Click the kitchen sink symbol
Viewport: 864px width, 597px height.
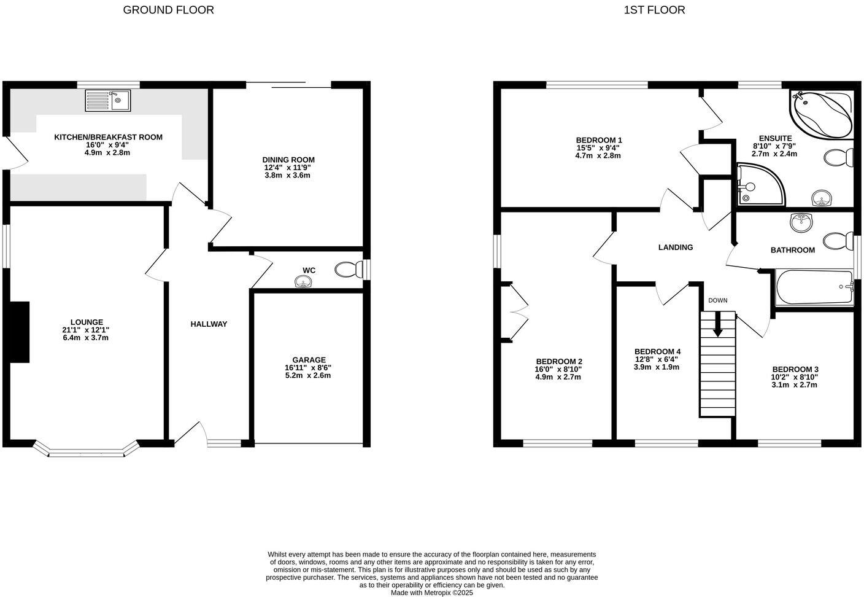click(108, 101)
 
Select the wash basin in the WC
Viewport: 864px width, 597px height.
click(303, 282)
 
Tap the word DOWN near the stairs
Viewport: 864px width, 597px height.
click(717, 300)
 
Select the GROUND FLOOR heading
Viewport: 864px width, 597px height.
click(169, 10)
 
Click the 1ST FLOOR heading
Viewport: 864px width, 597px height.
click(654, 10)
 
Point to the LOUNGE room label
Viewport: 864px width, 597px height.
click(87, 322)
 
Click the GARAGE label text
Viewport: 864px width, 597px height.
click(309, 360)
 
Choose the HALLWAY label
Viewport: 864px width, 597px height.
click(209, 324)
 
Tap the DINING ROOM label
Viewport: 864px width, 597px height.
click(288, 160)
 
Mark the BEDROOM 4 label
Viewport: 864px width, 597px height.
click(657, 352)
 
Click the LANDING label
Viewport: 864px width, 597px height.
click(675, 248)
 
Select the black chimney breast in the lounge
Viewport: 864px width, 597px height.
click(20, 332)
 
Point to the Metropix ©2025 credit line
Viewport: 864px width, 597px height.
click(432, 593)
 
